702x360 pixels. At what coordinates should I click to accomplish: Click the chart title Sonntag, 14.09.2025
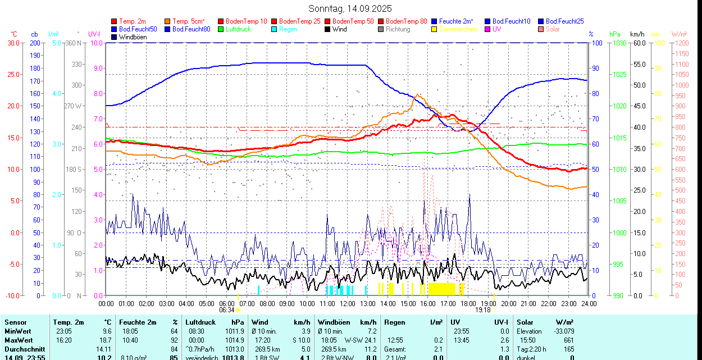[x=350, y=8]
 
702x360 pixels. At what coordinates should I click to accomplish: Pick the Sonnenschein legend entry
[x=458, y=29]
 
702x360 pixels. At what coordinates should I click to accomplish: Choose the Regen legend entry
[x=288, y=29]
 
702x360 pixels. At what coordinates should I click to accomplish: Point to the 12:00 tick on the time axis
[x=348, y=303]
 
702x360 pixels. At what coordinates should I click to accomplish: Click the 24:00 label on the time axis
[x=589, y=303]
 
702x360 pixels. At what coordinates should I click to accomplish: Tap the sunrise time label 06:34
[x=227, y=309]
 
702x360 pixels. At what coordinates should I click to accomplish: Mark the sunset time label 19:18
[x=483, y=309]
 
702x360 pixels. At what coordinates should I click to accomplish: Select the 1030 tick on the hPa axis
[x=619, y=43]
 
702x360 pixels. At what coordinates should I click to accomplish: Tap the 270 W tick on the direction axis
[x=74, y=106]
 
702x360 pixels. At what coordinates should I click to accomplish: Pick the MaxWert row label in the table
[x=18, y=340]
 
